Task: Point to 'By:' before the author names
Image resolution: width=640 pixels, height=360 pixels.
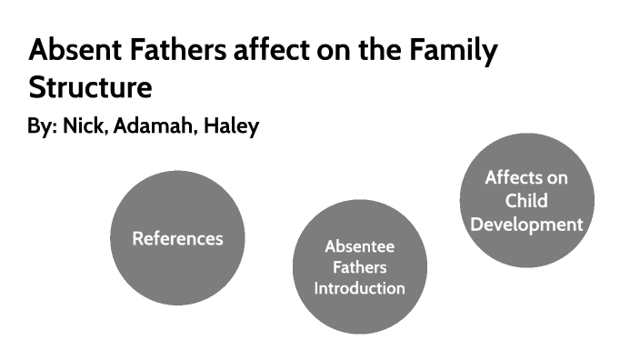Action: (x=42, y=126)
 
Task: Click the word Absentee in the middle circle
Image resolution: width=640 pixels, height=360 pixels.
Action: (x=359, y=247)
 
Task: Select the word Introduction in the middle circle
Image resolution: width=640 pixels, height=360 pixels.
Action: (x=359, y=288)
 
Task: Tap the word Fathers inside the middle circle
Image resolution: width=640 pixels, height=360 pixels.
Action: (x=359, y=268)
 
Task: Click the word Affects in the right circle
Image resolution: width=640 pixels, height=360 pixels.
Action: (x=514, y=177)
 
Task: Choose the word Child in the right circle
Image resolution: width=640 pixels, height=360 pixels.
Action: (x=526, y=200)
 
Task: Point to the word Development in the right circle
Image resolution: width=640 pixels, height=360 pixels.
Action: (x=526, y=223)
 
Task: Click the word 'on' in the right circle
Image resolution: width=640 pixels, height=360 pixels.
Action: (x=557, y=177)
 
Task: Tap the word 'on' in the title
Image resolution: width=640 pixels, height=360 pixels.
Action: (x=345, y=52)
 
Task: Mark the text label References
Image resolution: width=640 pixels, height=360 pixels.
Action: (x=177, y=239)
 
